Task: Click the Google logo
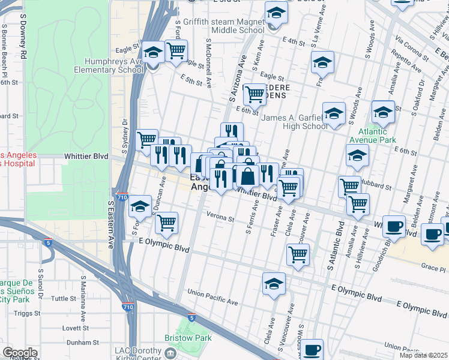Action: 20,353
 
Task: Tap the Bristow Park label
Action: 195,338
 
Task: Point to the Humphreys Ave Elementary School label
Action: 108,65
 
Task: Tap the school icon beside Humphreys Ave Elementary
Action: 154,53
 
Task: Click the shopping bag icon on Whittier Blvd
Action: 247,176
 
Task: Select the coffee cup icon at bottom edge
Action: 312,349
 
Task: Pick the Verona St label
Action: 220,220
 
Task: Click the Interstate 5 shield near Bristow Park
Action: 191,317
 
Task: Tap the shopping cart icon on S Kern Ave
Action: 255,94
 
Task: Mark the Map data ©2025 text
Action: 423,355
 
